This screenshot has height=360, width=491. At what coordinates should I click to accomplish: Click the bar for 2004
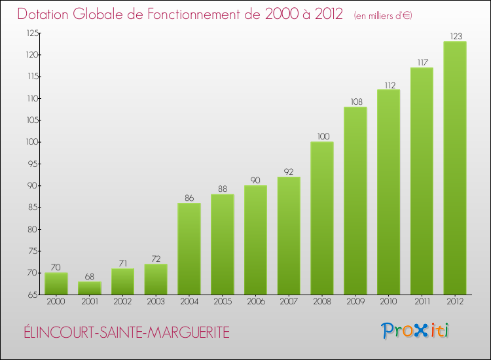189,249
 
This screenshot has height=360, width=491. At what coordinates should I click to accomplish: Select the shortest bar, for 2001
90,288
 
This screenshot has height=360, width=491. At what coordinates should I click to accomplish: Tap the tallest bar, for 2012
455,168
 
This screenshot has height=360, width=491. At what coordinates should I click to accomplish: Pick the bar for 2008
322,218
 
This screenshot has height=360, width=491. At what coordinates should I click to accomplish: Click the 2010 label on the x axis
388,302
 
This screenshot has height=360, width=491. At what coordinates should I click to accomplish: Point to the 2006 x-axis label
255,302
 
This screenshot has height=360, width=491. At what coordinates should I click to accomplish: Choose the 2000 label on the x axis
56,302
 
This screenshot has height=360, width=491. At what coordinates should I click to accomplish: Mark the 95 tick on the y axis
31,164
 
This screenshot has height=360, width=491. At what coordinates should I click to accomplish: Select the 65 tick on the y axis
31,295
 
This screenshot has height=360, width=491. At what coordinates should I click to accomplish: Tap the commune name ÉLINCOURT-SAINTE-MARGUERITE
124,333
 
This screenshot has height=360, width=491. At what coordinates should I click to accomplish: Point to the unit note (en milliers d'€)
383,16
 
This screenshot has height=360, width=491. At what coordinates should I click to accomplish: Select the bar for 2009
355,201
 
